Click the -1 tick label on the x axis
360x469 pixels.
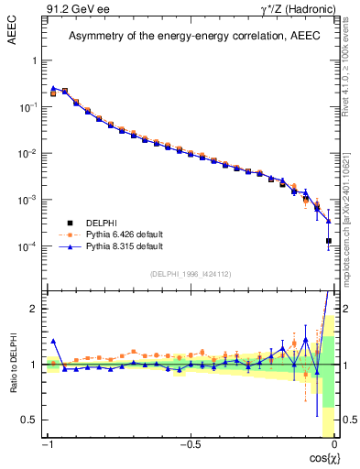(47, 444)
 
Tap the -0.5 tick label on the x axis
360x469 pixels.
(190, 444)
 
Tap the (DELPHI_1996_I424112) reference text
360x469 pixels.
(190, 274)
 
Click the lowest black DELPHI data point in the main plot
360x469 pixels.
(328, 241)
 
